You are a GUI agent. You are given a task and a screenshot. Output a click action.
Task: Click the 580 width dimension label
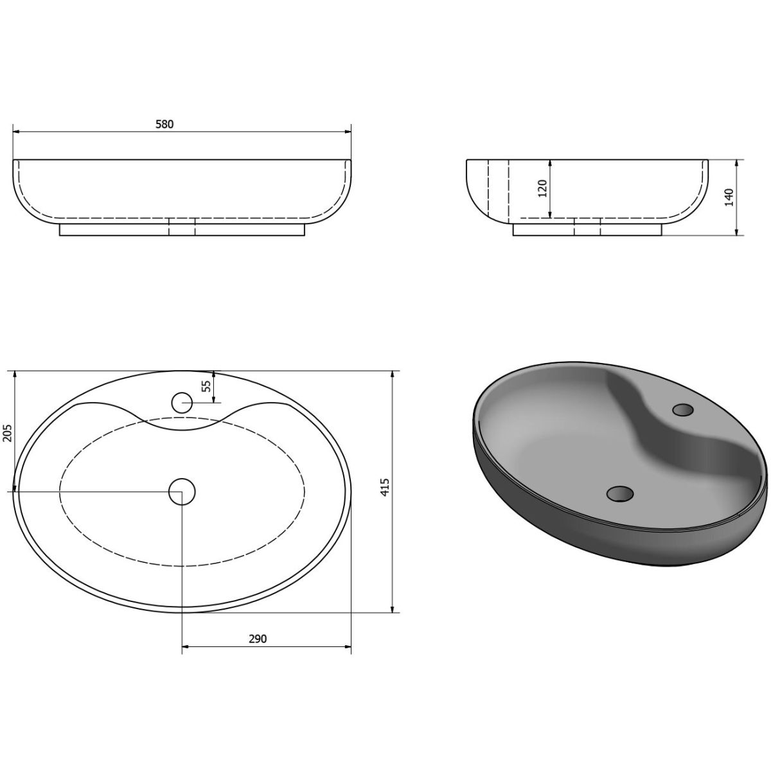[164, 124]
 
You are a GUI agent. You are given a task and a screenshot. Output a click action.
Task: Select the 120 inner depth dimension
[542, 188]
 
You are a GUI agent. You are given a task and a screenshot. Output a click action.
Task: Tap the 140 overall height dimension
[729, 197]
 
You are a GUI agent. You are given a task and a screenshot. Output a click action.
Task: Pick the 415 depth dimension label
[384, 487]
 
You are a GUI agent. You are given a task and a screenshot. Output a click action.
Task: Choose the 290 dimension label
[258, 639]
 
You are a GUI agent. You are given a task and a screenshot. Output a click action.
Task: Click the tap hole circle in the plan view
[182, 402]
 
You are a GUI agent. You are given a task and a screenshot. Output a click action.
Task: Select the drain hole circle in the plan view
[182, 492]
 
